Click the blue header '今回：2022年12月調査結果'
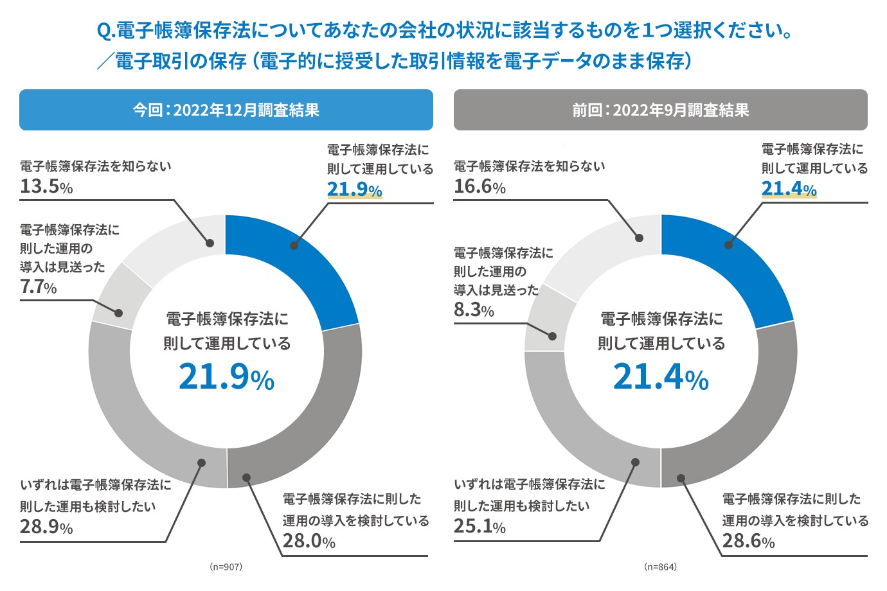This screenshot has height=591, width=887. [x=226, y=110]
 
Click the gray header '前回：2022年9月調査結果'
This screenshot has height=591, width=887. [x=660, y=110]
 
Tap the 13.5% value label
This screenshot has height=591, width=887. [x=46, y=186]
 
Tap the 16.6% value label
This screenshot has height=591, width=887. [x=479, y=186]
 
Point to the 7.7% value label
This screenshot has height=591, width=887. [x=38, y=287]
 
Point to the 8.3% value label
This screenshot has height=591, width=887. [x=474, y=310]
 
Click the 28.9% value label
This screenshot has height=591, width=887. [x=46, y=527]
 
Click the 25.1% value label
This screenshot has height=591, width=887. [x=479, y=526]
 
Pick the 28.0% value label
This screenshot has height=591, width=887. [x=309, y=541]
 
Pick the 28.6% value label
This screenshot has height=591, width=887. [x=748, y=541]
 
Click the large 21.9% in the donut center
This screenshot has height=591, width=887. [x=226, y=377]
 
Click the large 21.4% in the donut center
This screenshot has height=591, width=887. [x=661, y=377]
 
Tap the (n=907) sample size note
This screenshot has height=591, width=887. [x=226, y=567]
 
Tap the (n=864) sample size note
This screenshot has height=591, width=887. [x=660, y=567]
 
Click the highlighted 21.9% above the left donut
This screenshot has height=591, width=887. [x=354, y=190]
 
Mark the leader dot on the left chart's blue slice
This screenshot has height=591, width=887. [x=294, y=245]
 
